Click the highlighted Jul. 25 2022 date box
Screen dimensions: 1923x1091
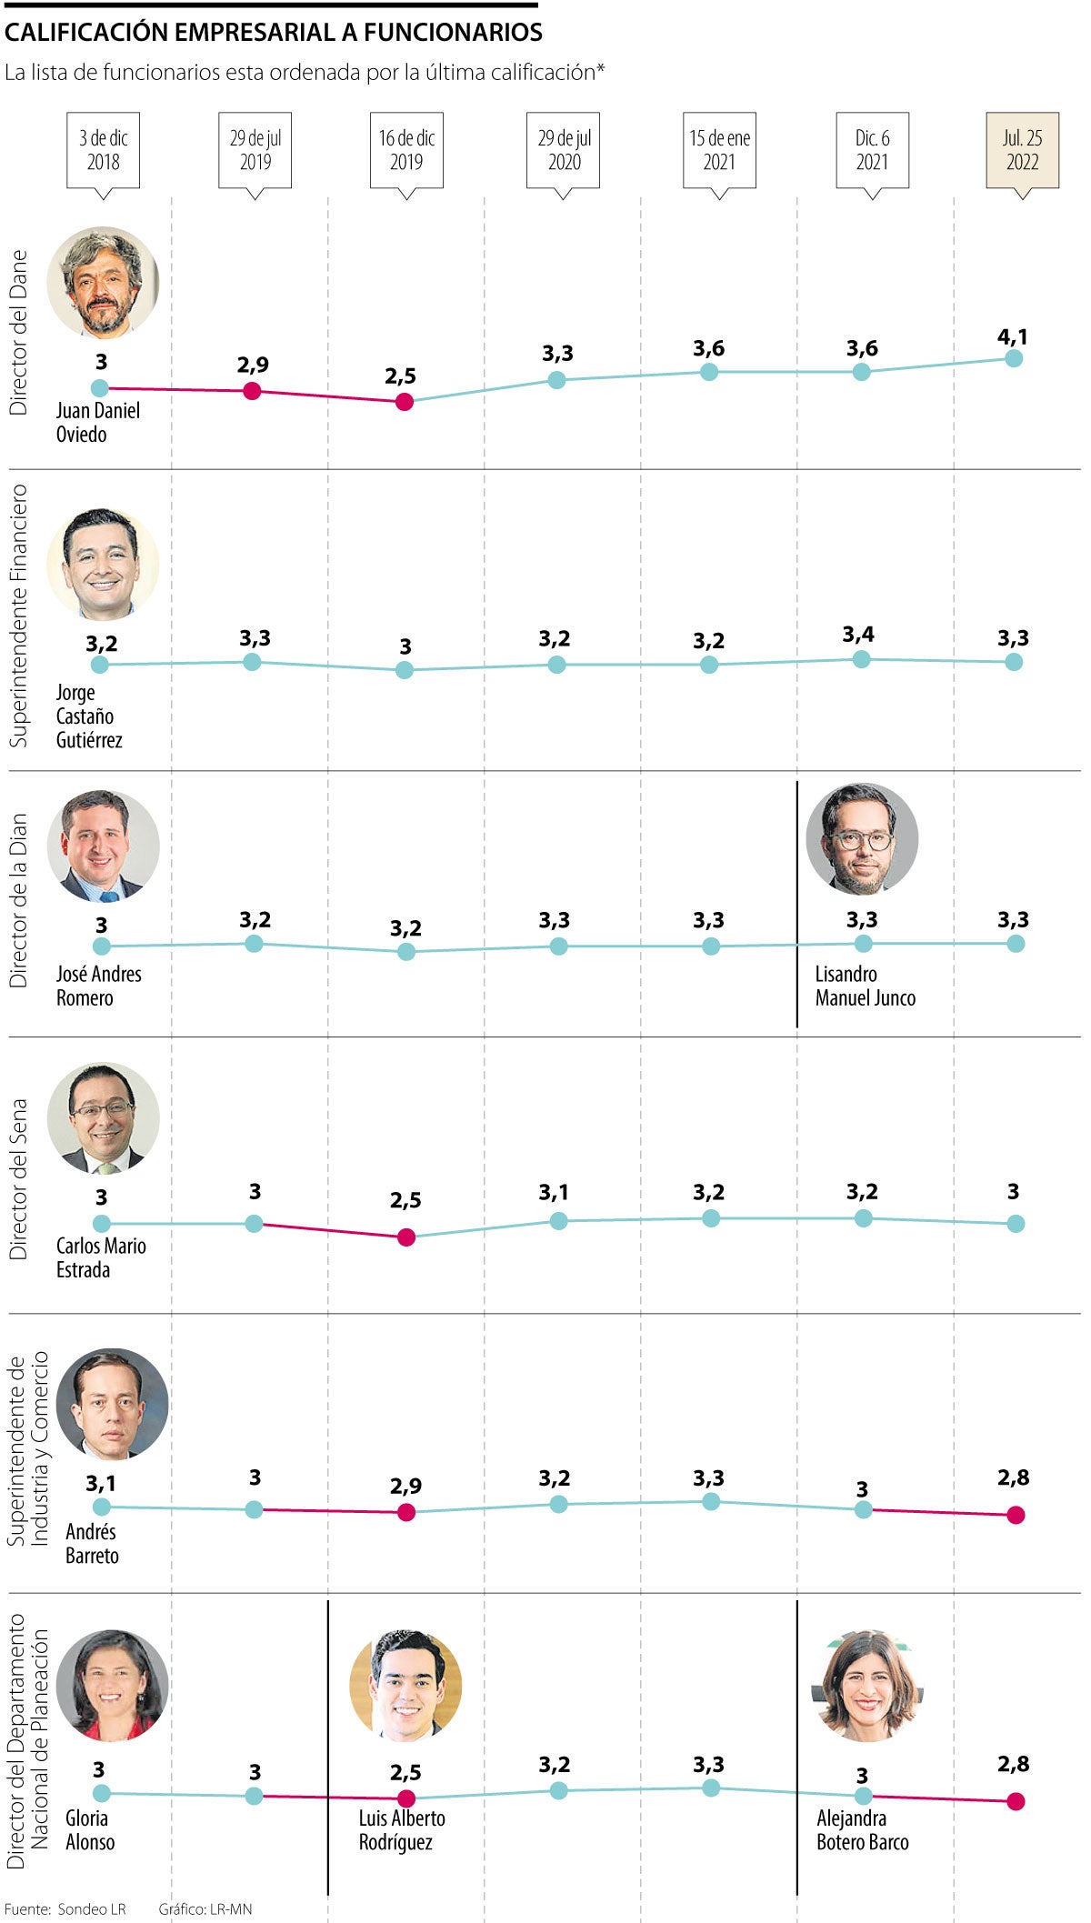point(1022,150)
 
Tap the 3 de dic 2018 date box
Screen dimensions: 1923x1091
point(103,150)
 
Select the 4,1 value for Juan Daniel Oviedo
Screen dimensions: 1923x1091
point(1013,337)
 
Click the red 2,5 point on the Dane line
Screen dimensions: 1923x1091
point(405,401)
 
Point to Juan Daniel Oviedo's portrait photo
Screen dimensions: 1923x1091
point(103,282)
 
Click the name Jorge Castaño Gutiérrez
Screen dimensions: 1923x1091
point(88,716)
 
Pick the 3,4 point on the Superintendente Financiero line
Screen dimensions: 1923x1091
point(862,659)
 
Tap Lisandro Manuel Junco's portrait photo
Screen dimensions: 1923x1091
point(862,838)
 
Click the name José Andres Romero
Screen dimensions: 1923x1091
point(98,986)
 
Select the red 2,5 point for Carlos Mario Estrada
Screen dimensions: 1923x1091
point(406,1237)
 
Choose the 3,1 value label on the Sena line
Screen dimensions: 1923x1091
point(554,1192)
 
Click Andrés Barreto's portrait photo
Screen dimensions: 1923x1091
point(112,1404)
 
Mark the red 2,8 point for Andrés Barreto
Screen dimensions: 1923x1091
point(1016,1515)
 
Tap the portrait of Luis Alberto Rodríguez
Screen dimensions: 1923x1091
point(405,1685)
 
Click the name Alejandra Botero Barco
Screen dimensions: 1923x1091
point(862,1829)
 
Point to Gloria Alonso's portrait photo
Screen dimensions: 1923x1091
point(112,1685)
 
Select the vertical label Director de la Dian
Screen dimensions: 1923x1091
point(19,900)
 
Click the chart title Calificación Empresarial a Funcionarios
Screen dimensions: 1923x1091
point(274,33)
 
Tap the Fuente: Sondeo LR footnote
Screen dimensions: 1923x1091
point(65,1908)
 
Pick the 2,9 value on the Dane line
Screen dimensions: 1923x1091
point(253,366)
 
